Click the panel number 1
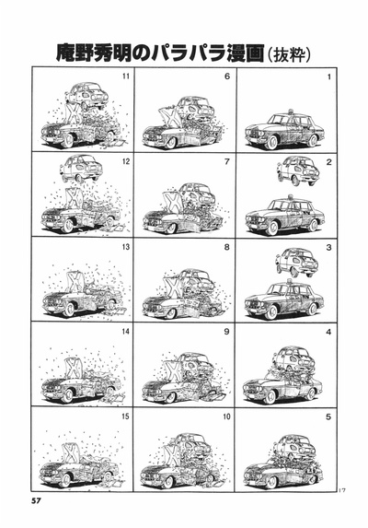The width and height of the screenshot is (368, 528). (x=329, y=77)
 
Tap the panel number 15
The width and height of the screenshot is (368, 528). (x=125, y=417)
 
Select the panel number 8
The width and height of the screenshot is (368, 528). (x=227, y=247)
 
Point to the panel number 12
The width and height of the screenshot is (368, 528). (x=125, y=161)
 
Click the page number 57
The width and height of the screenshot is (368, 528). (x=36, y=500)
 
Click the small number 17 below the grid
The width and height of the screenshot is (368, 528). (x=342, y=490)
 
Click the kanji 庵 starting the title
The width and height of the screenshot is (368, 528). (x=65, y=53)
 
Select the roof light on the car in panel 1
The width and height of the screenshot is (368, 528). (x=290, y=111)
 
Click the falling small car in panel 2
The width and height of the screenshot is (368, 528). (x=298, y=170)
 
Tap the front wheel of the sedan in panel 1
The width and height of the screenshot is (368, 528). (x=271, y=142)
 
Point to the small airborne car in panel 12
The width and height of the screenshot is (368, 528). (x=81, y=168)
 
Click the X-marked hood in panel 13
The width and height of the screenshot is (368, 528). (x=75, y=281)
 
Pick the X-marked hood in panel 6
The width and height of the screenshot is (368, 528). (x=171, y=116)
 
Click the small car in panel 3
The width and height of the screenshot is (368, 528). (x=297, y=262)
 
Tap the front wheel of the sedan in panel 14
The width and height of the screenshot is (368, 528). (x=68, y=395)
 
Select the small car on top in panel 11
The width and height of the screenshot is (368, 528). (x=86, y=96)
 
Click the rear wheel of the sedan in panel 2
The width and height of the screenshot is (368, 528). (x=313, y=225)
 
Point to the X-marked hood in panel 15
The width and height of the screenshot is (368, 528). (x=71, y=453)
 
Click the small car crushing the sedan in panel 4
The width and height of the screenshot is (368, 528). (x=294, y=359)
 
